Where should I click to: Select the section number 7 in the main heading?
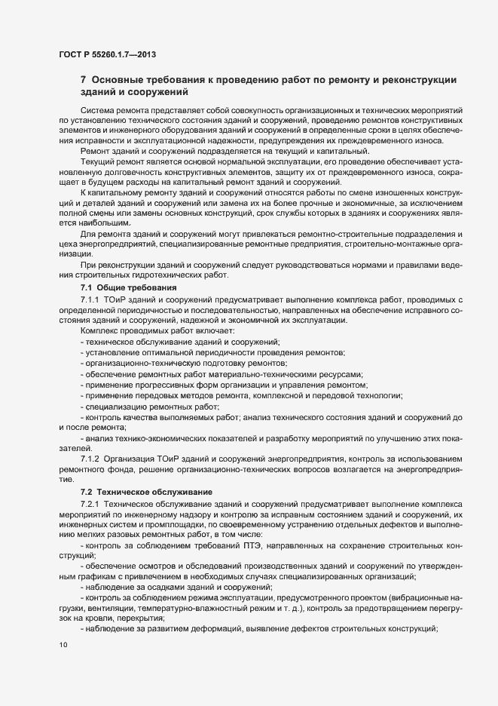[x=83, y=81]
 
